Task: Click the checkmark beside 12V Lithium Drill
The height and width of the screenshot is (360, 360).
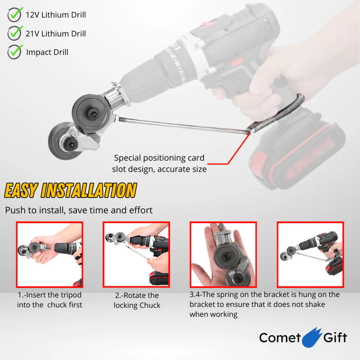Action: point(15,14)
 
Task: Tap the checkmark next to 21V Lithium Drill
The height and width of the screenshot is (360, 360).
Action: point(15,33)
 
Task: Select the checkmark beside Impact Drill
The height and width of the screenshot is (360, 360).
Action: point(15,52)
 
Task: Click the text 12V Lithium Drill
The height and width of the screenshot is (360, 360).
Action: point(56,15)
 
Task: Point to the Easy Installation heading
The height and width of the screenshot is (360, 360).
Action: point(71,190)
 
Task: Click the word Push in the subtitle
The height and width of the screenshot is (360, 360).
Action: point(15,210)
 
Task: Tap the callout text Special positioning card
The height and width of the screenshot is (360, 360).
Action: point(159,158)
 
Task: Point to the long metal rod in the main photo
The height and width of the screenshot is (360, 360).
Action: point(184,126)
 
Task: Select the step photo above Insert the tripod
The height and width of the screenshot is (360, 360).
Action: point(49,255)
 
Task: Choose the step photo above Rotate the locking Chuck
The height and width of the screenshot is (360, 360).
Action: point(136,255)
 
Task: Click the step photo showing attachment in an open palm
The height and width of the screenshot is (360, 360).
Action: point(223,255)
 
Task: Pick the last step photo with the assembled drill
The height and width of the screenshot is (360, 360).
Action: point(310,255)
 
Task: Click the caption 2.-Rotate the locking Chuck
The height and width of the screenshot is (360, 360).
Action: point(137,300)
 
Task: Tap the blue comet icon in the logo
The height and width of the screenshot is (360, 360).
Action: point(312,337)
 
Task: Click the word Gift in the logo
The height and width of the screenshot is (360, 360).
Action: point(335,337)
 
